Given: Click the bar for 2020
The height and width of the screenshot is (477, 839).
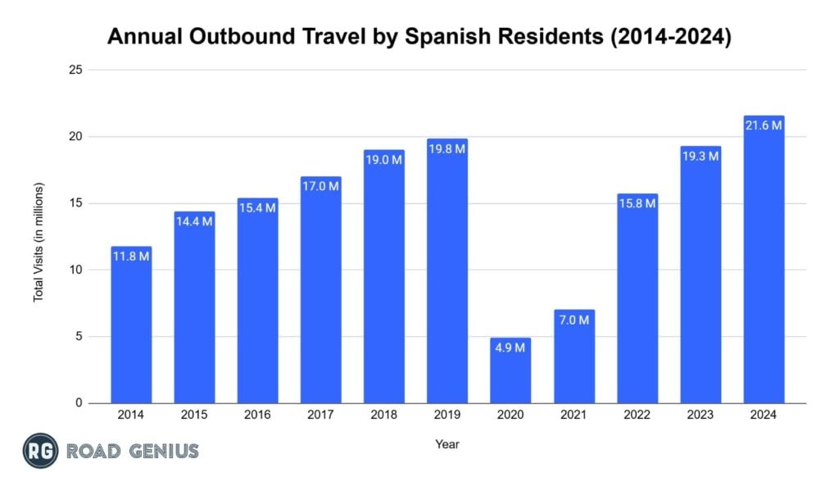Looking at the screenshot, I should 510,370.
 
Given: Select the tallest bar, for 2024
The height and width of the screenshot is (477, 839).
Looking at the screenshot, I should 764,262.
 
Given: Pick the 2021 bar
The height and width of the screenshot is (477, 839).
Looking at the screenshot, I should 574,357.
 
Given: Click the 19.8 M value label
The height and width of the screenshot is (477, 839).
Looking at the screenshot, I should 447,148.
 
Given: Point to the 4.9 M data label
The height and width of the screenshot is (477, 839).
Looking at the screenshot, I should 510,348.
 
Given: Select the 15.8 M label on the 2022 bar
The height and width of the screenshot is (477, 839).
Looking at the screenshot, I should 637,203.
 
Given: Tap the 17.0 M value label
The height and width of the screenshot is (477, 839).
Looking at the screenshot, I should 321,186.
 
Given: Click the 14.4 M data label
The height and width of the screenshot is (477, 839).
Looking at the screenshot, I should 194,221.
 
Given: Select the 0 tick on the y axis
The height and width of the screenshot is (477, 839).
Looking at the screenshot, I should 78,403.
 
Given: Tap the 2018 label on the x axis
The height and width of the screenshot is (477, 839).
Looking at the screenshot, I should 384,416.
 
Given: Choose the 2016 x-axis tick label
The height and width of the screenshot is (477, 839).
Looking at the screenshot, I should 257,416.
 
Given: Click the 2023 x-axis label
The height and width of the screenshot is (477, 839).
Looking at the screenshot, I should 701,416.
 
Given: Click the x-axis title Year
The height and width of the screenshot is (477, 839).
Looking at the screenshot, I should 447,444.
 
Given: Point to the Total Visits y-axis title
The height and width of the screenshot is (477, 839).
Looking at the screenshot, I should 39,242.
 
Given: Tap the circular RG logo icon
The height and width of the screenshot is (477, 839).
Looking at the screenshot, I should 40,450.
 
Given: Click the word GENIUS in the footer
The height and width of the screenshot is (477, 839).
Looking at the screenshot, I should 164,450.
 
